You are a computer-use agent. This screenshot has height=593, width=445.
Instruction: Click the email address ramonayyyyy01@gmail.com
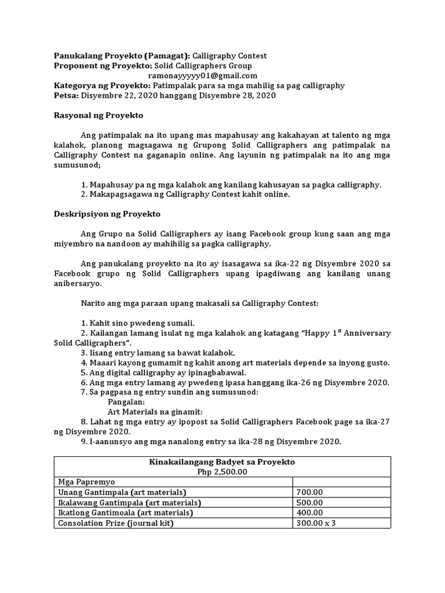tap(203, 76)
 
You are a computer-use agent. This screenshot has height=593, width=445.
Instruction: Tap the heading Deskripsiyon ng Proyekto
tap(107, 214)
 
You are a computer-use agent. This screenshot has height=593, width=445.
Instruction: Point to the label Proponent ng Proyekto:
tap(99, 66)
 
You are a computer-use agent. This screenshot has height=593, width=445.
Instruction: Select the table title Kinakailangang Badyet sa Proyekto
tap(222, 462)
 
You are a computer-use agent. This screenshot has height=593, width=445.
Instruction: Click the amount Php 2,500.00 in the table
tap(222, 471)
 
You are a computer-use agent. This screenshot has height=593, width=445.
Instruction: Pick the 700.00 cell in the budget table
tap(309, 492)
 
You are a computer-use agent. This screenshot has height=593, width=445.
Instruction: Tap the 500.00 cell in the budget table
tap(309, 502)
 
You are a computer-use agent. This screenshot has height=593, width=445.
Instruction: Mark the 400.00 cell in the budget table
tap(309, 513)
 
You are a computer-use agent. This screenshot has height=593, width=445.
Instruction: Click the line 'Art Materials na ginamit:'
tap(154, 411)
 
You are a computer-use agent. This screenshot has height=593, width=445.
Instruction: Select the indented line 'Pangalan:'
tap(126, 401)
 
